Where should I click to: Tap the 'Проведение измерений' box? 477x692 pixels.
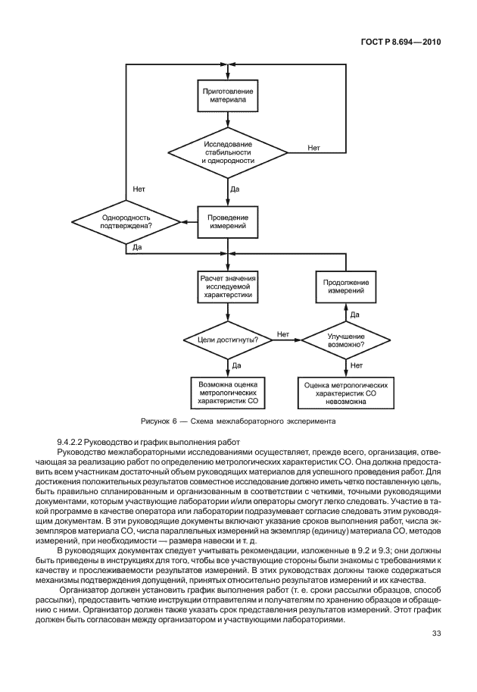coord(228,224)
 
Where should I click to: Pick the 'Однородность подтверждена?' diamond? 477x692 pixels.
coord(126,222)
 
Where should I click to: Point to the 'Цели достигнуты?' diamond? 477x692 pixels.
coord(228,340)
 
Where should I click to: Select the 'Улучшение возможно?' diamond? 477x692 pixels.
coord(346,340)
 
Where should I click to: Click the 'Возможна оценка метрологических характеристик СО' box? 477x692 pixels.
coord(228,393)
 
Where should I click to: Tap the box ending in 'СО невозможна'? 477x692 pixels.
coord(346,393)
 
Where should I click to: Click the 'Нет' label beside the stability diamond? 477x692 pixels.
coord(314,147)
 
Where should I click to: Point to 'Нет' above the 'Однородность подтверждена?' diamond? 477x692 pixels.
coord(139,189)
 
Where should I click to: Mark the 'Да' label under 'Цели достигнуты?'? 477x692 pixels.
coord(236,365)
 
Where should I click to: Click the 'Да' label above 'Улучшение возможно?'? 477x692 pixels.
coord(354,314)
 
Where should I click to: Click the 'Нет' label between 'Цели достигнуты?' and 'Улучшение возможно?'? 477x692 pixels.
coord(283,334)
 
